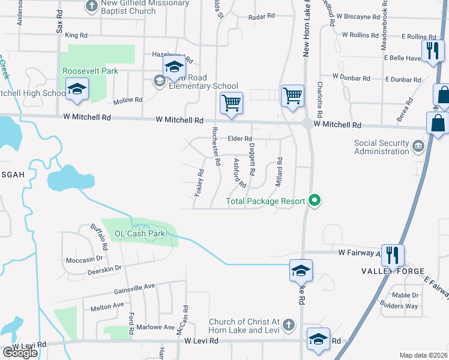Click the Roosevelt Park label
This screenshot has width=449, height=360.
(91, 71)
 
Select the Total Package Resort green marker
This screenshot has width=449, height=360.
(313, 201)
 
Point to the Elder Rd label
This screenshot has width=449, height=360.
(240, 139)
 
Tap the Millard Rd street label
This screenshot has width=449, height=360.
(279, 172)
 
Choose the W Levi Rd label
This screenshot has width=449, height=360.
(203, 341)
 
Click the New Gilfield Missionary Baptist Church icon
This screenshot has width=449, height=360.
(92, 6)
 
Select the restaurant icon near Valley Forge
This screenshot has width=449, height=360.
(392, 255)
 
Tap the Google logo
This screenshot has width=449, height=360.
(20, 352)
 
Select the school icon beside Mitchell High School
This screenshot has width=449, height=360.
(77, 90)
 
